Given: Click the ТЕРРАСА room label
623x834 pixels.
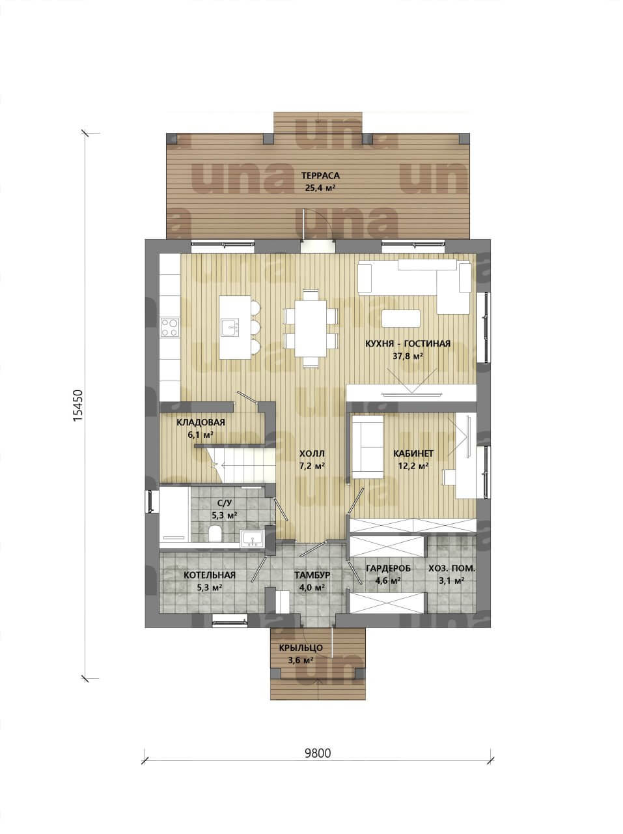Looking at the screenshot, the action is [x=320, y=175].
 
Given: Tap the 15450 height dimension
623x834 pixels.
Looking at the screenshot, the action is [x=77, y=405].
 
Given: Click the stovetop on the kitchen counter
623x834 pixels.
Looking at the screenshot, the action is [x=170, y=328].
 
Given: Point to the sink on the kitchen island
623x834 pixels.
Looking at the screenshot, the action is [x=230, y=328].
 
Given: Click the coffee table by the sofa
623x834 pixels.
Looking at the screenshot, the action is [x=401, y=319].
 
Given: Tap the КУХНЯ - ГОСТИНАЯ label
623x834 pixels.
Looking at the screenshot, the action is [x=408, y=344].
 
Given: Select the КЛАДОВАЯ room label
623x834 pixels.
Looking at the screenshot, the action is [x=201, y=422].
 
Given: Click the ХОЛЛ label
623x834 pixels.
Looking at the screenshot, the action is [x=312, y=453].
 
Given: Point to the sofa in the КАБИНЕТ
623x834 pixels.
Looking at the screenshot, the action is [x=368, y=447].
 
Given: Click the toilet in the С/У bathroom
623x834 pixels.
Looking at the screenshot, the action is [x=215, y=534].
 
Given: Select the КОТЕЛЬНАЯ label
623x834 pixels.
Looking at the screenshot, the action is [x=210, y=575].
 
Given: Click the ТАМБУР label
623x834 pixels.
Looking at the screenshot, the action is [x=312, y=575].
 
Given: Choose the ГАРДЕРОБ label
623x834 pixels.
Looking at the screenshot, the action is [x=389, y=568].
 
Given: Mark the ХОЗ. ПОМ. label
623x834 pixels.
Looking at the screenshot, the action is [x=452, y=569].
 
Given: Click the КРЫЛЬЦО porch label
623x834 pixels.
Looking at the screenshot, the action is [x=301, y=648].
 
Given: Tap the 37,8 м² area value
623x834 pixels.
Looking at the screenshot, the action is [x=408, y=356].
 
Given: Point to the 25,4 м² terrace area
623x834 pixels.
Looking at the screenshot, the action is [x=320, y=188].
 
